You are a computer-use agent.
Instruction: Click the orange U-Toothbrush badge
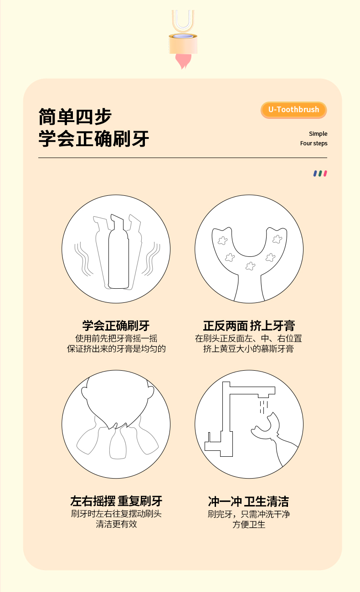click(x=293, y=110)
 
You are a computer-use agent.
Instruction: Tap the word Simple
click(x=318, y=134)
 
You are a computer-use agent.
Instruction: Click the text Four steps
click(x=314, y=143)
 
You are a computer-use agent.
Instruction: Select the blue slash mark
click(x=315, y=174)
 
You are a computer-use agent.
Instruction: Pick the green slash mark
click(x=320, y=174)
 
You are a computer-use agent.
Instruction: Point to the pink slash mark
click(x=325, y=174)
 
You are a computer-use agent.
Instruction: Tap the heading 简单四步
click(x=75, y=117)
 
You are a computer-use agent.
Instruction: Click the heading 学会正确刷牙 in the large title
click(x=93, y=138)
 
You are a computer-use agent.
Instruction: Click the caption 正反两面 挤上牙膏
click(x=249, y=326)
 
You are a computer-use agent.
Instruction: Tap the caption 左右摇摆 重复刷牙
click(x=116, y=501)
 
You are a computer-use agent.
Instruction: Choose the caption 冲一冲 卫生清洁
click(x=248, y=501)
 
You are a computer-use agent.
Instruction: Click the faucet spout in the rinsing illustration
click(x=267, y=392)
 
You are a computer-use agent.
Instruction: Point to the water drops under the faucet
click(x=264, y=407)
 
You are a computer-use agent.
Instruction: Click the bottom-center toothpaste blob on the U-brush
click(x=250, y=266)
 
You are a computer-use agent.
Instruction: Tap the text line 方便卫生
click(x=249, y=524)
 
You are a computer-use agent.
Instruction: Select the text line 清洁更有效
click(x=116, y=524)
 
